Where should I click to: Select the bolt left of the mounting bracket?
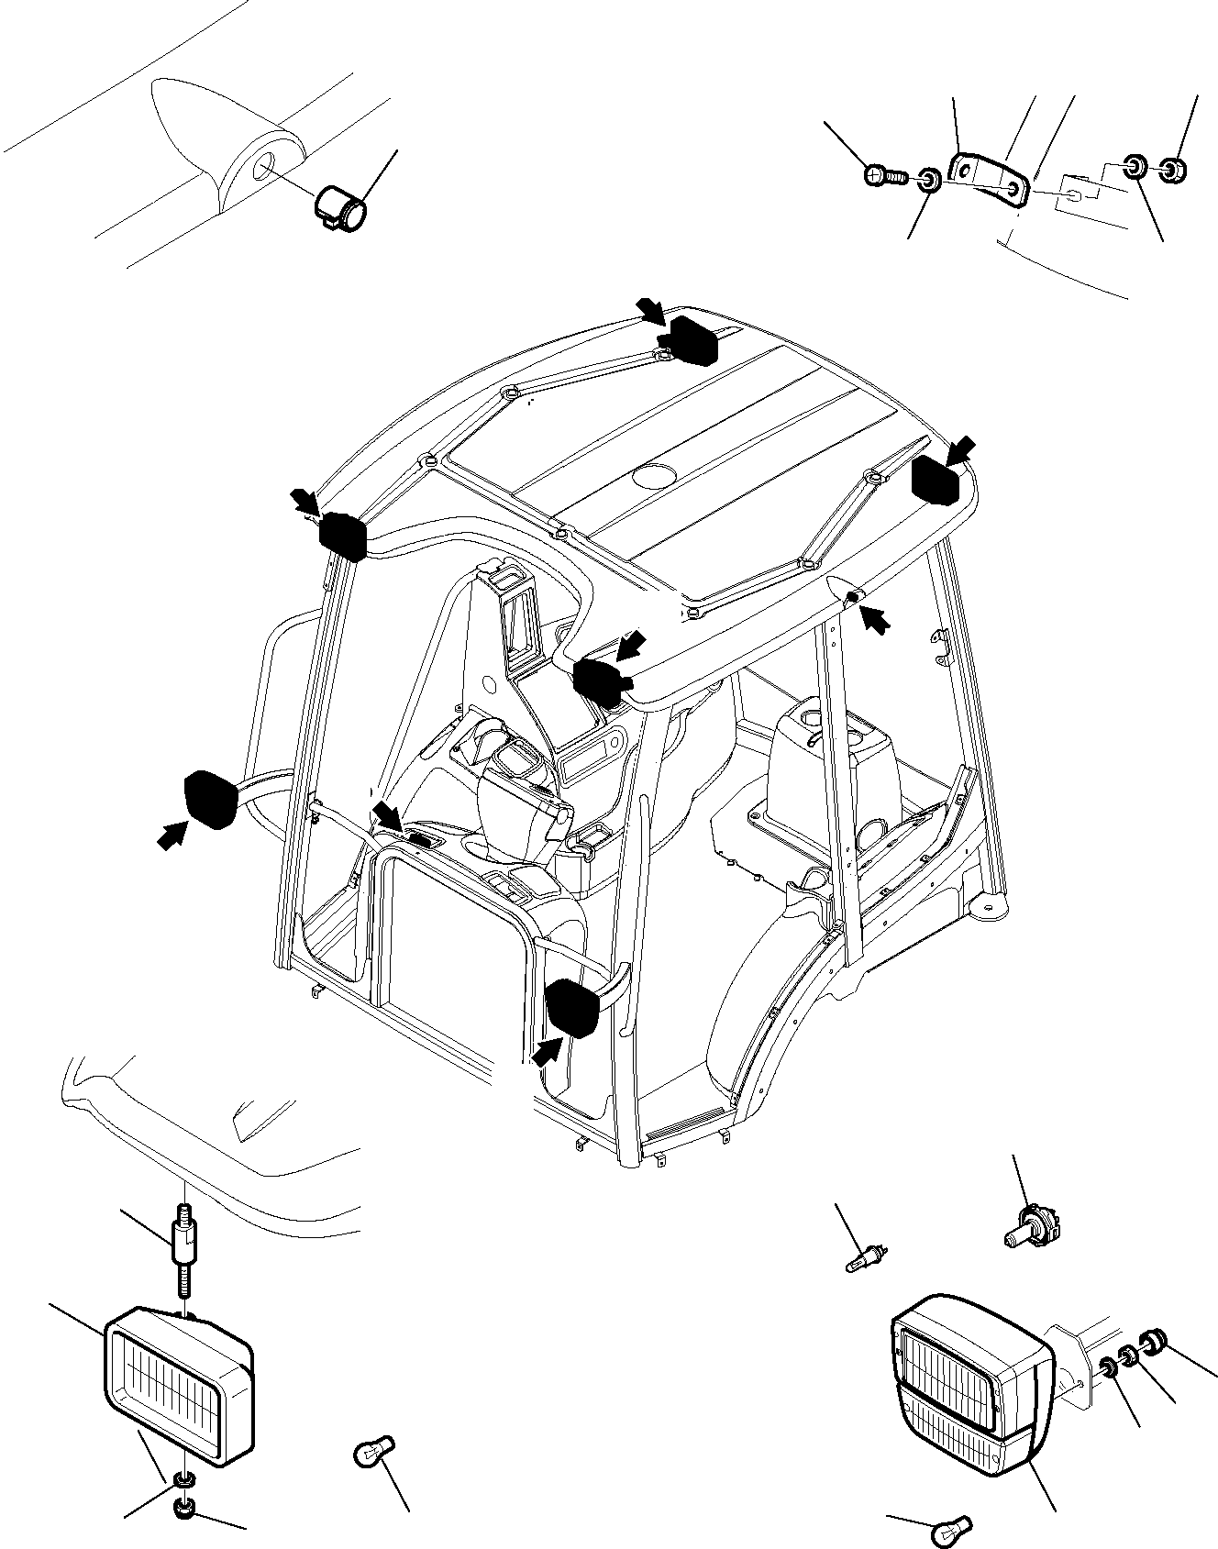[883, 173]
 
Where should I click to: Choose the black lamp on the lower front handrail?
[573, 1007]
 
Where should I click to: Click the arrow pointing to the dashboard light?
[387, 813]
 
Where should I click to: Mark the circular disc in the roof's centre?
[655, 475]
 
